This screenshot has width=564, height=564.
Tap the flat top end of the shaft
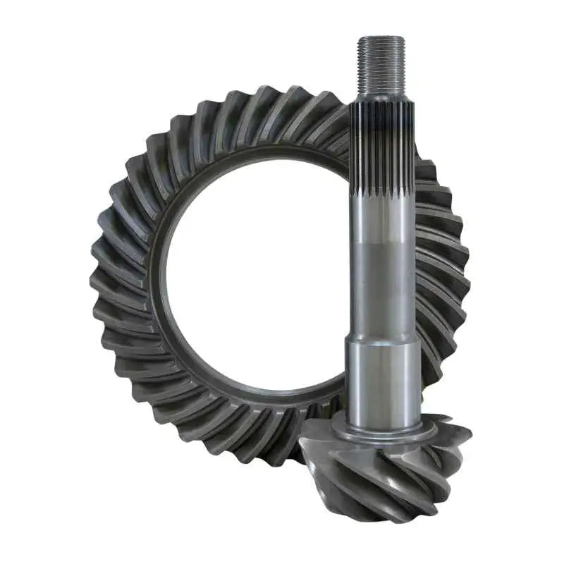pos(381,39)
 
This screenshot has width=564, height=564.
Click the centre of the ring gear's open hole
pos(254,275)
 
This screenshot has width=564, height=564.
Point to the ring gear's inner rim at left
pos(161,275)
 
